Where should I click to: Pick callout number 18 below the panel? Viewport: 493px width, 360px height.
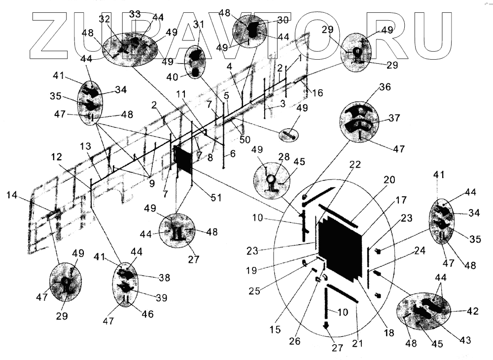click(x=389, y=333)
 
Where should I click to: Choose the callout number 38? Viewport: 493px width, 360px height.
click(x=164, y=278)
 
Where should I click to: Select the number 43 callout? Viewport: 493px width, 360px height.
click(x=464, y=340)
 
